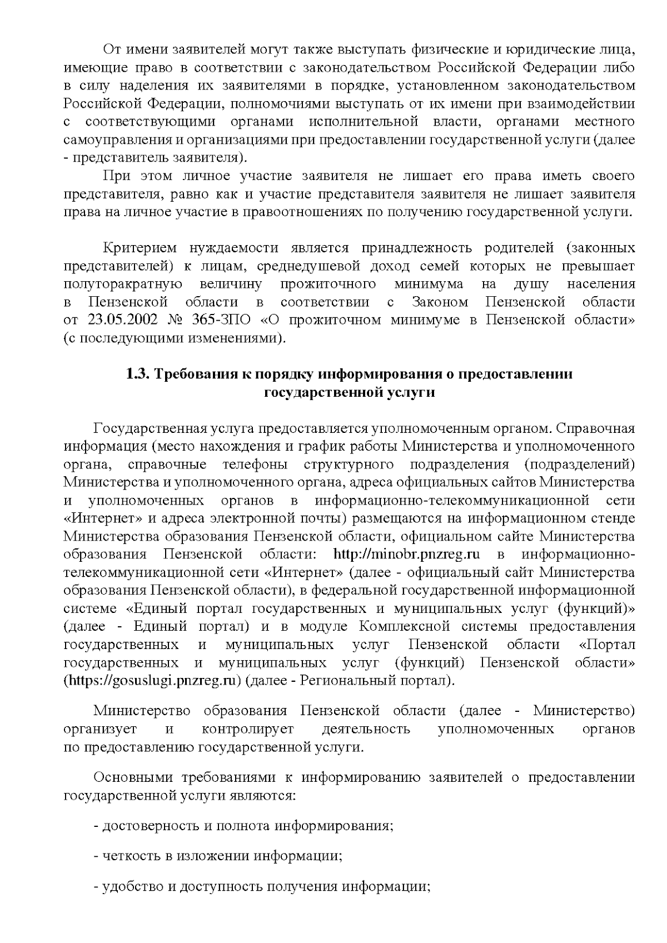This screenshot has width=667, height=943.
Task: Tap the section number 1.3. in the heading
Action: point(138,374)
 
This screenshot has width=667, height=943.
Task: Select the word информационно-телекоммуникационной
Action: point(451,500)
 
